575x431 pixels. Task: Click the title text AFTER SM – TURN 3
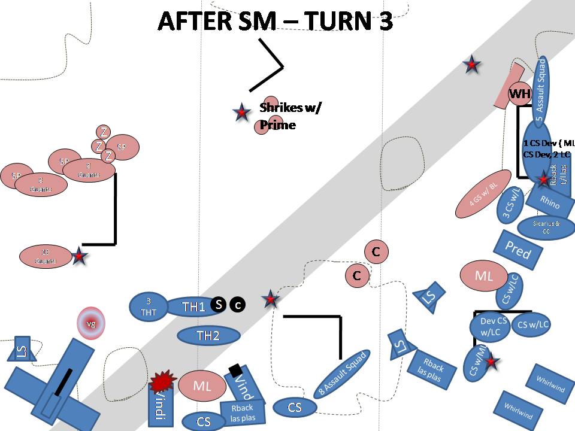pyautogui.click(x=275, y=21)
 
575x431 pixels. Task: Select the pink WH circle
pyautogui.click(x=520, y=94)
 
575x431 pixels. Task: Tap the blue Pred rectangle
pyautogui.click(x=517, y=251)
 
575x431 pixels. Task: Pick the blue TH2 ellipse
pyautogui.click(x=208, y=336)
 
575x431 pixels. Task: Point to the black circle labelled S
pyautogui.click(x=219, y=305)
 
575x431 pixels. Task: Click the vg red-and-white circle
pyautogui.click(x=91, y=324)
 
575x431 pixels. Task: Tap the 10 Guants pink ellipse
pyautogui.click(x=46, y=257)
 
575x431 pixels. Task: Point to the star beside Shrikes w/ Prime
pyautogui.click(x=241, y=111)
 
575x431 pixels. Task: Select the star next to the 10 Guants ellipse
pyautogui.click(x=80, y=256)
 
